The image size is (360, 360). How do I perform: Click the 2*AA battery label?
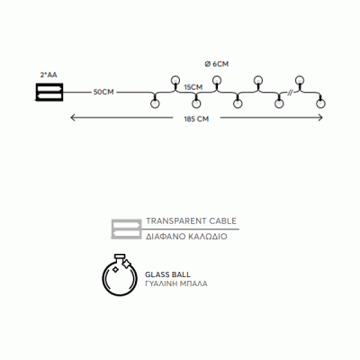click(49, 75)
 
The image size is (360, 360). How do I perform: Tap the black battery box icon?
click(49, 92)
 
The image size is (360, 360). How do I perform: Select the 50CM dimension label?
click(103, 93)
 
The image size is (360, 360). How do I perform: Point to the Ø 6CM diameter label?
click(216, 64)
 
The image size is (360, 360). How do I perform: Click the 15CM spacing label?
click(193, 87)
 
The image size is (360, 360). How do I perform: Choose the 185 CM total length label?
click(196, 119)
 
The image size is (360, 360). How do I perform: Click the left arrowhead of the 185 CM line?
click(72, 118)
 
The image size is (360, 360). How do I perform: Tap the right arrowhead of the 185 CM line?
click(320, 118)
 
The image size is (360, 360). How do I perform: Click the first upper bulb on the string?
click(175, 80)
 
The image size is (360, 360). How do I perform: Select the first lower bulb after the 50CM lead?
click(155, 103)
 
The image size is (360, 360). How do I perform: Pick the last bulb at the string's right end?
click(320, 103)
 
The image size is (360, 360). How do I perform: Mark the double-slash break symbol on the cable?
click(290, 93)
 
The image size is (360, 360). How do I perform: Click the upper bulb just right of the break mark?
click(299, 80)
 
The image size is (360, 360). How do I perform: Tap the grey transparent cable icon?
click(126, 229)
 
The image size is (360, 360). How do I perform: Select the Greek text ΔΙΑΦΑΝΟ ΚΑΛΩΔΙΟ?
click(186, 237)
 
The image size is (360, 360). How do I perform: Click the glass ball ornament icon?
click(120, 275)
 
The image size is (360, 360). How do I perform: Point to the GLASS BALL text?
click(167, 274)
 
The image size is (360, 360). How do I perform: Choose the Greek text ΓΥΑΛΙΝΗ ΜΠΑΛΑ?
click(176, 283)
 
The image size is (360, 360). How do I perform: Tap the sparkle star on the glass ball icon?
click(127, 264)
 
